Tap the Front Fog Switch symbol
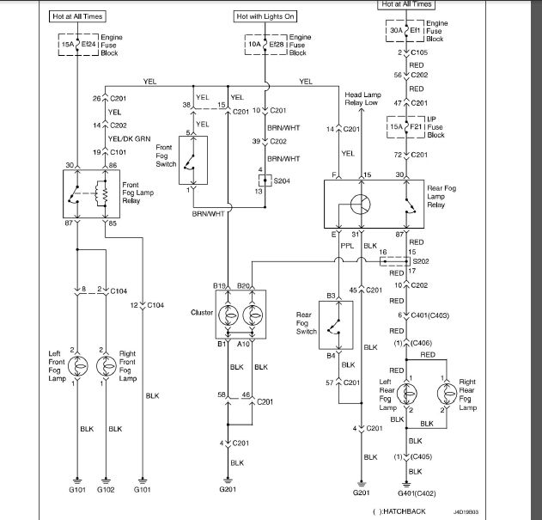(195, 160)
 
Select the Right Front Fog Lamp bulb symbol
(107, 364)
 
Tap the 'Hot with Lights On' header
(265, 16)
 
